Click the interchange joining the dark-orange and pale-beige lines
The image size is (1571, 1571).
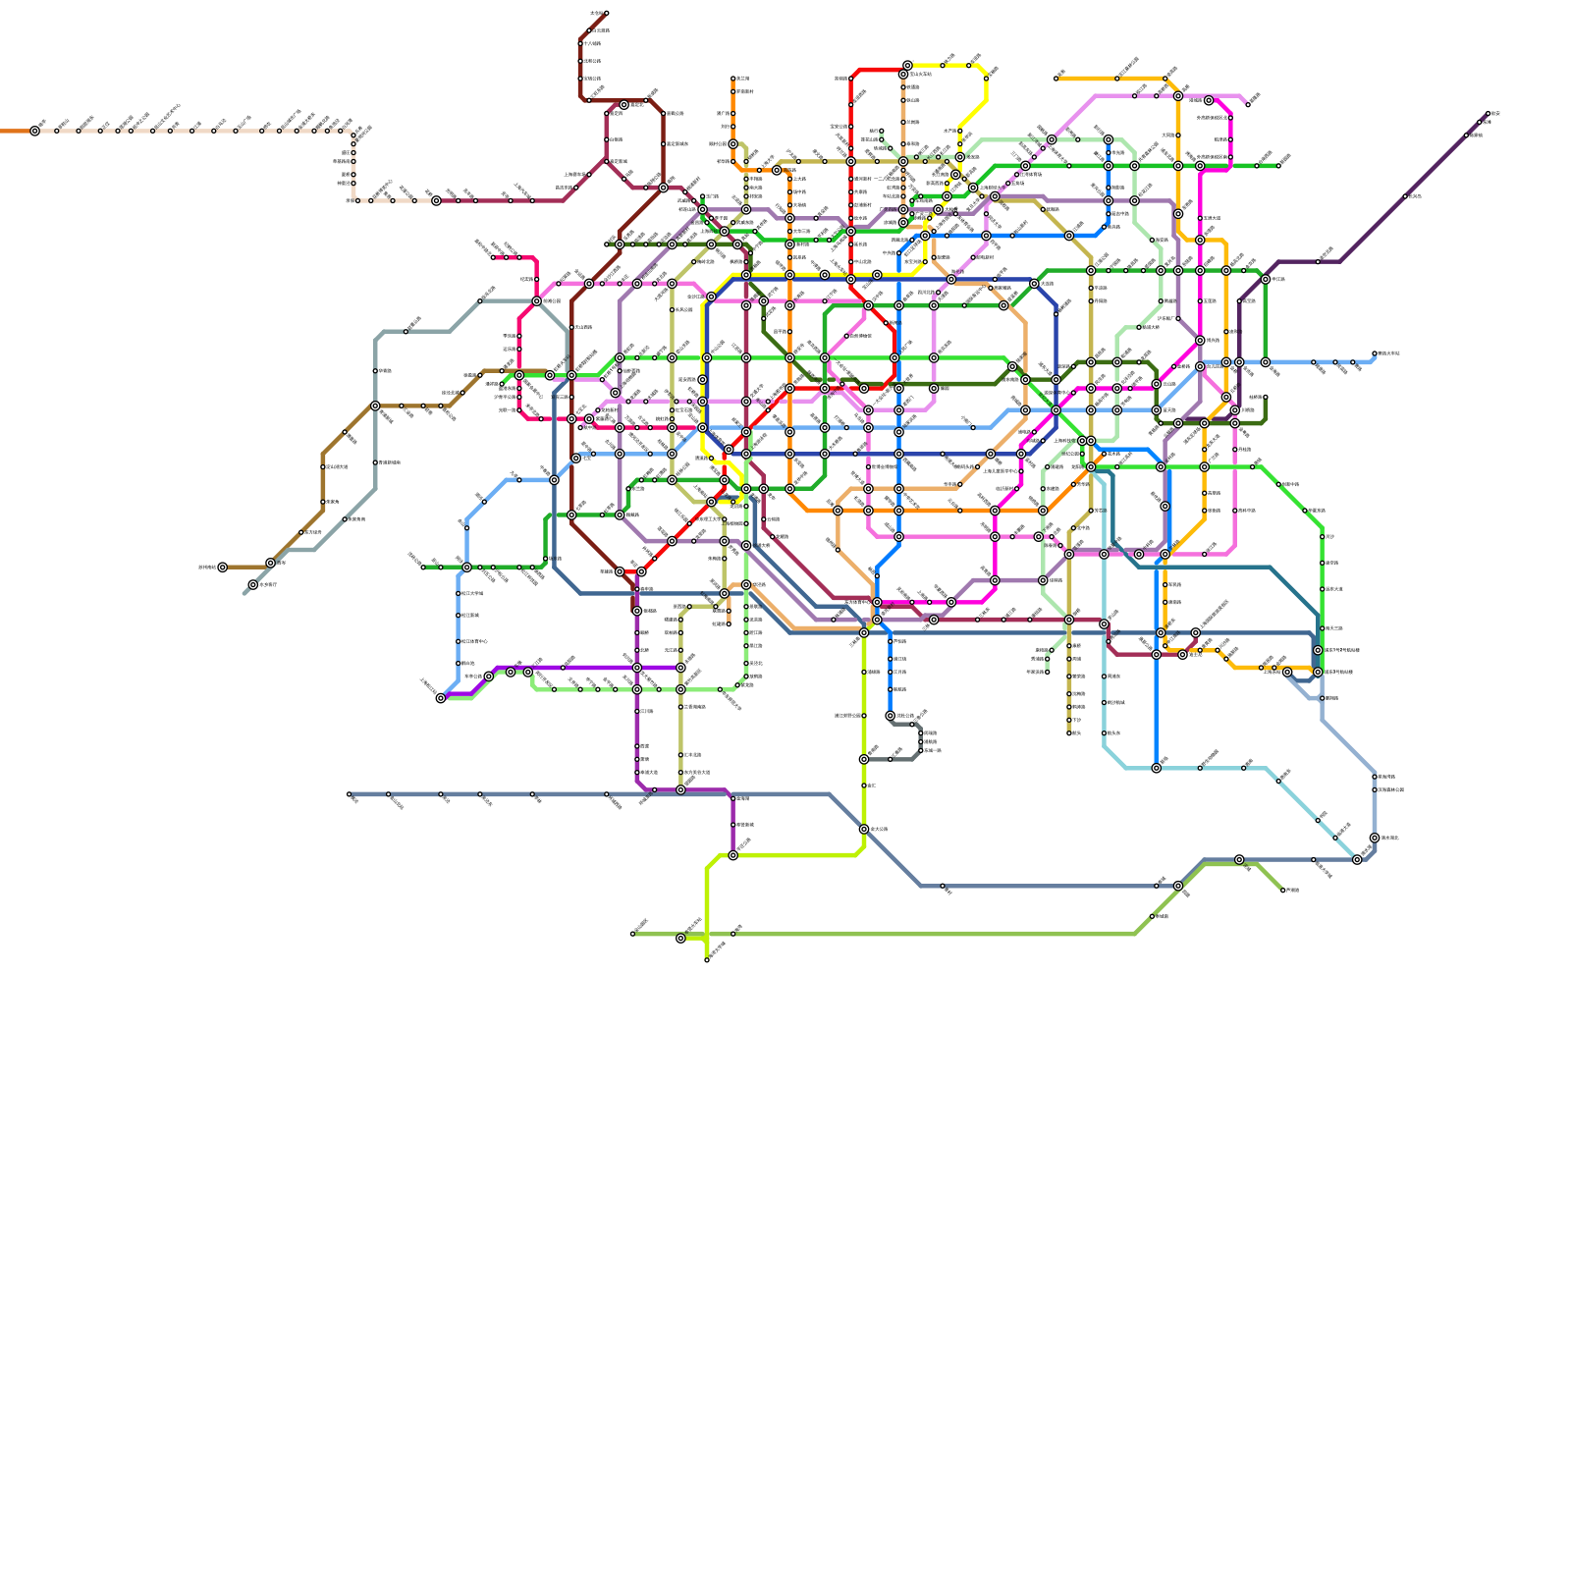click(35, 131)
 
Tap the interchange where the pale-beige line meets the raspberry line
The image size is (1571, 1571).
click(436, 201)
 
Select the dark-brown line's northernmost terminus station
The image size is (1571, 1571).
click(606, 13)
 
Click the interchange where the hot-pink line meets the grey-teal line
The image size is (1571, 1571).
click(537, 301)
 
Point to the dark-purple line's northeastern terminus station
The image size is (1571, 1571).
click(1489, 114)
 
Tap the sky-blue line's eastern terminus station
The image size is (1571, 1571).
click(1375, 353)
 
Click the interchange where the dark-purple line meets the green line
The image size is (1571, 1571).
click(1266, 280)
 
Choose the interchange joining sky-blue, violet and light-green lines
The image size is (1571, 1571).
click(441, 698)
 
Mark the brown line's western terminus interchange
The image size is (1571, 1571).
click(223, 568)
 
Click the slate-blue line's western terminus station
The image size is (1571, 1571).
click(349, 794)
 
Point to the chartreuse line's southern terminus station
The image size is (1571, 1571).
click(707, 960)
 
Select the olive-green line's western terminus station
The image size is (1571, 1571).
click(632, 934)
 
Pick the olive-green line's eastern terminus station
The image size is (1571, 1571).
click(1283, 891)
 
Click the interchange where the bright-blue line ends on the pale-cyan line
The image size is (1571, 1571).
click(1157, 768)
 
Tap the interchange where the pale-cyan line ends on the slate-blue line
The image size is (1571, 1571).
click(1357, 859)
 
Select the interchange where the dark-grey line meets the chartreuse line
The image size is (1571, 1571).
click(864, 759)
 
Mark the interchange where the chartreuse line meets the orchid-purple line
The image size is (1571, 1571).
click(732, 855)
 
